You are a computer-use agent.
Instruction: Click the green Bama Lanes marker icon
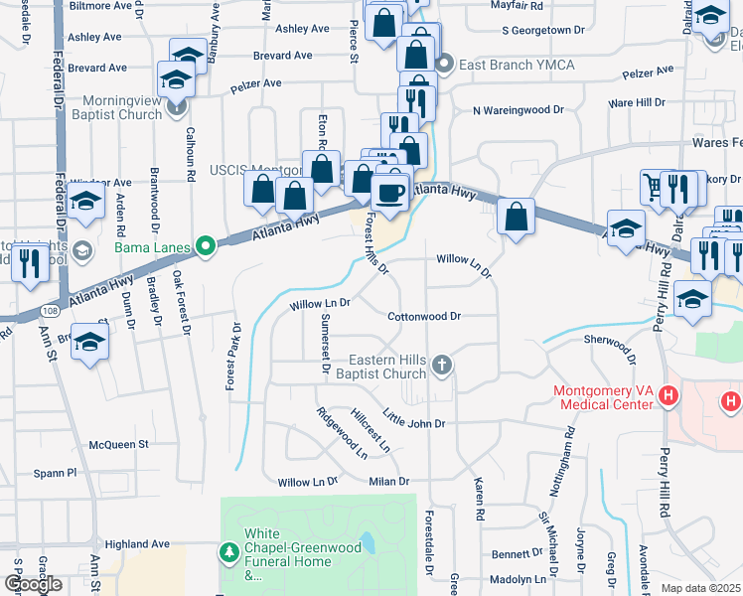[207, 246]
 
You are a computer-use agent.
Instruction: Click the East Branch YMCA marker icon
[444, 66]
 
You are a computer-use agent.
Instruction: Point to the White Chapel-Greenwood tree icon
[228, 549]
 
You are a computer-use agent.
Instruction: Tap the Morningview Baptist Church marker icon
[178, 107]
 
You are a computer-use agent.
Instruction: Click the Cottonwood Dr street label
[424, 317]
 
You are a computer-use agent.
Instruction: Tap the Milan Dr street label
[388, 482]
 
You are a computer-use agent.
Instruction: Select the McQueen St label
[117, 444]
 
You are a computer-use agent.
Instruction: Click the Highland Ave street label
[137, 544]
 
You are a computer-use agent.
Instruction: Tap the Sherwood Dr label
[607, 345]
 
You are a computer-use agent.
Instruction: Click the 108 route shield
[51, 313]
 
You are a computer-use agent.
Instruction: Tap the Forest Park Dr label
[233, 356]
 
